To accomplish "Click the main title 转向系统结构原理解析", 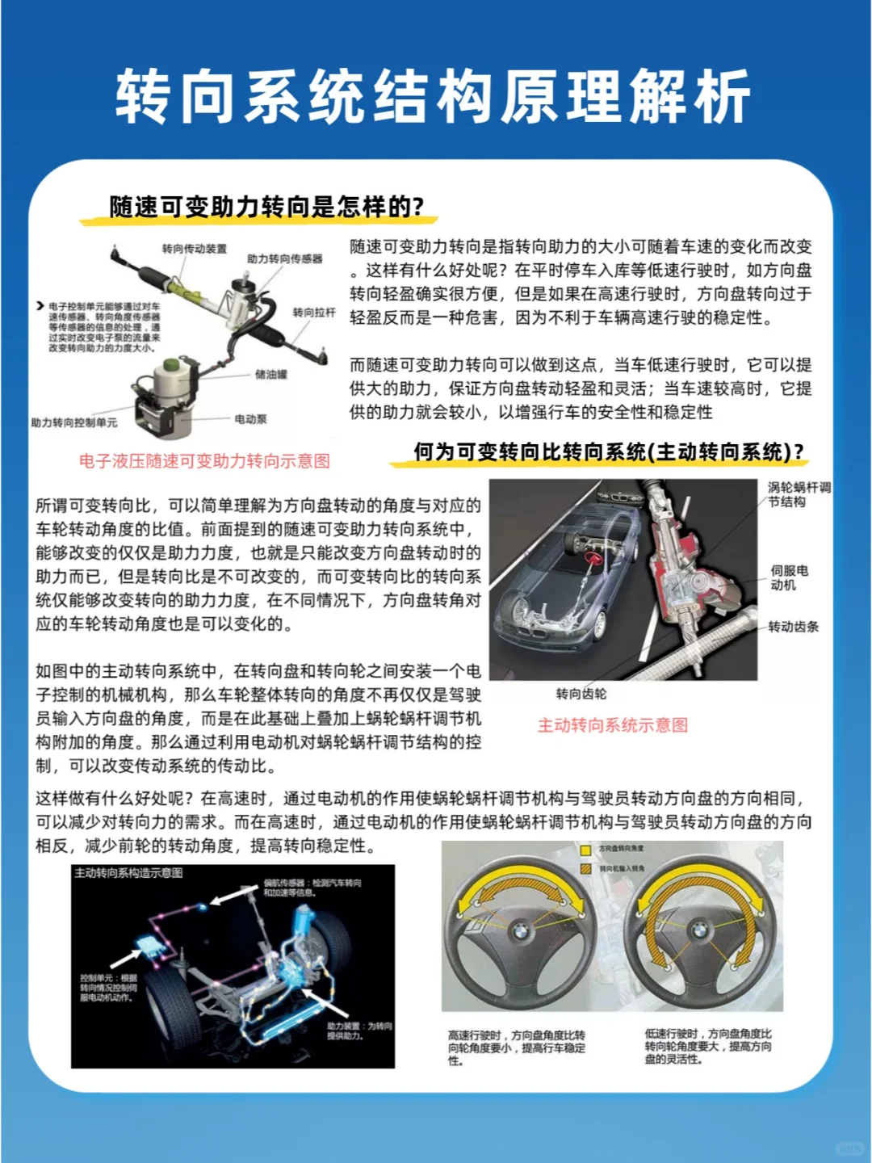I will coord(434,98).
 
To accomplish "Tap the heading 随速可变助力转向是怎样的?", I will coord(266,207).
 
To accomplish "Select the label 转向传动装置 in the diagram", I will coord(194,249).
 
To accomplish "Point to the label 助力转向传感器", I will coord(284,258).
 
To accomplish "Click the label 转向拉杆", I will coord(313,312).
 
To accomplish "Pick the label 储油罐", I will coord(270,374).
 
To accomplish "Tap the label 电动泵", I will coord(250,419).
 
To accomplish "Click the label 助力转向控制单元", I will coord(73,422).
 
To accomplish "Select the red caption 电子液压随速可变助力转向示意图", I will coord(204,461).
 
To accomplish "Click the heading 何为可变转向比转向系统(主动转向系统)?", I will coord(609,451).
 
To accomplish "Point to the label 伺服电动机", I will coord(788,577).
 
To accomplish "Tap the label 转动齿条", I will coord(793,627).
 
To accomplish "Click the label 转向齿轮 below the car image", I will coord(581,694).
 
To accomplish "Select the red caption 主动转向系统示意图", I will coord(613,725).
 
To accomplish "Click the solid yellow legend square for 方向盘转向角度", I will coord(586,850).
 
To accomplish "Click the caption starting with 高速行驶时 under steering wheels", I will coord(517,1048).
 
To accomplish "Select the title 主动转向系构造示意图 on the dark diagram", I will coord(128,873).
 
